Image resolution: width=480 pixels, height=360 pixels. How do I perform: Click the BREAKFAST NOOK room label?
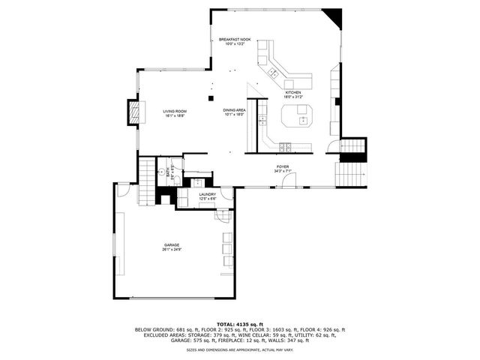pos(235,39)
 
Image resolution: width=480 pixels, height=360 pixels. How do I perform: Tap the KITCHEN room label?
pos(292,92)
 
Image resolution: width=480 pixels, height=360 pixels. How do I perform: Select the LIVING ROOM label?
pos(175,111)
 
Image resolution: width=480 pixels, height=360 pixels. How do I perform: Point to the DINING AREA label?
pos(234,110)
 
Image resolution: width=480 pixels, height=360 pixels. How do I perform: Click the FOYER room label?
pos(282,167)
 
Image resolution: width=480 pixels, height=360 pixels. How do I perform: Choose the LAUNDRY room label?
pos(208,194)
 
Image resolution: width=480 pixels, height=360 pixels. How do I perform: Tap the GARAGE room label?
pos(172,245)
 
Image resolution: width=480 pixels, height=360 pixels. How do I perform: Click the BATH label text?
pos(169,168)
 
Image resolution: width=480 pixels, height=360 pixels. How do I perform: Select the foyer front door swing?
pos(292,179)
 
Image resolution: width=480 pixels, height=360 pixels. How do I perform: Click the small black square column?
pos(211,97)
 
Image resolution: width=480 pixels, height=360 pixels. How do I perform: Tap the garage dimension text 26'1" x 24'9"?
pos(172,250)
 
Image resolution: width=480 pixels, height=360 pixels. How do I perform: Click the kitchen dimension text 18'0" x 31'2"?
pos(292,97)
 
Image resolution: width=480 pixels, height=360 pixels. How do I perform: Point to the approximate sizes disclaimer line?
pos(239,349)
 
